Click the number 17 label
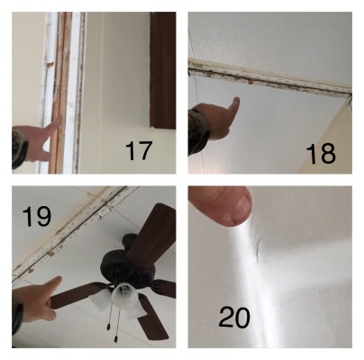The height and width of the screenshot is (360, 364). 139,151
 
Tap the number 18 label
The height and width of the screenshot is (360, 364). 321,154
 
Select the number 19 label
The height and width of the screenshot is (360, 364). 37,216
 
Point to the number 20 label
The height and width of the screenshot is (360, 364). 234,317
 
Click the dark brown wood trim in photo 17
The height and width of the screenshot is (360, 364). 163,70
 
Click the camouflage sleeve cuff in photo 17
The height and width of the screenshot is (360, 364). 19,147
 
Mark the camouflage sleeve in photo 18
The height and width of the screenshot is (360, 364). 197,132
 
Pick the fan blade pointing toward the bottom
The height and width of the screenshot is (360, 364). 151,318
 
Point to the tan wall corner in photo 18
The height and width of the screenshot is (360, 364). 331,141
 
